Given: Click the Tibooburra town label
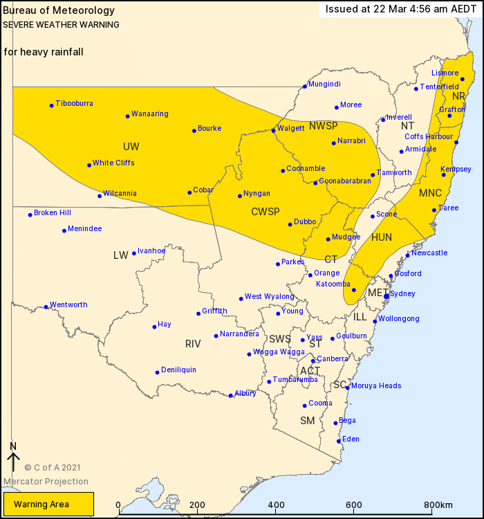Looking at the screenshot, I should pyautogui.click(x=75, y=104).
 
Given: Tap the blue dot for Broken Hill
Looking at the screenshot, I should pyautogui.click(x=30, y=215).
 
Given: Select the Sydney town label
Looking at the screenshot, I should pyautogui.click(x=402, y=294).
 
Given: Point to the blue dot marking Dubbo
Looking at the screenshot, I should pyautogui.click(x=290, y=224).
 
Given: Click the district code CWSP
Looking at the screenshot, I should pyautogui.click(x=265, y=212).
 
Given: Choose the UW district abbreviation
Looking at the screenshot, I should pyautogui.click(x=131, y=146).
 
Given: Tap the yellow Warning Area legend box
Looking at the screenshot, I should pyautogui.click(x=48, y=504).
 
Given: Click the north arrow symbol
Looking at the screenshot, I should pyautogui.click(x=12, y=459).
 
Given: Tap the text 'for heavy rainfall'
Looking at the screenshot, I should pyautogui.click(x=44, y=52).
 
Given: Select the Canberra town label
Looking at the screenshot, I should pyautogui.click(x=333, y=358).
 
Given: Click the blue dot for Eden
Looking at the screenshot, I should pyautogui.click(x=338, y=441).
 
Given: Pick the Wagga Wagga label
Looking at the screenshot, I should pyautogui.click(x=279, y=352).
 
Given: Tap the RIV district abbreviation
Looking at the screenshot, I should pyautogui.click(x=193, y=344).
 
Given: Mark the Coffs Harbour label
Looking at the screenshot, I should pyautogui.click(x=429, y=137).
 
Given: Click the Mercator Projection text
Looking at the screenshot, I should pyautogui.click(x=46, y=482).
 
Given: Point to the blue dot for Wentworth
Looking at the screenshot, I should pyautogui.click(x=46, y=307).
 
